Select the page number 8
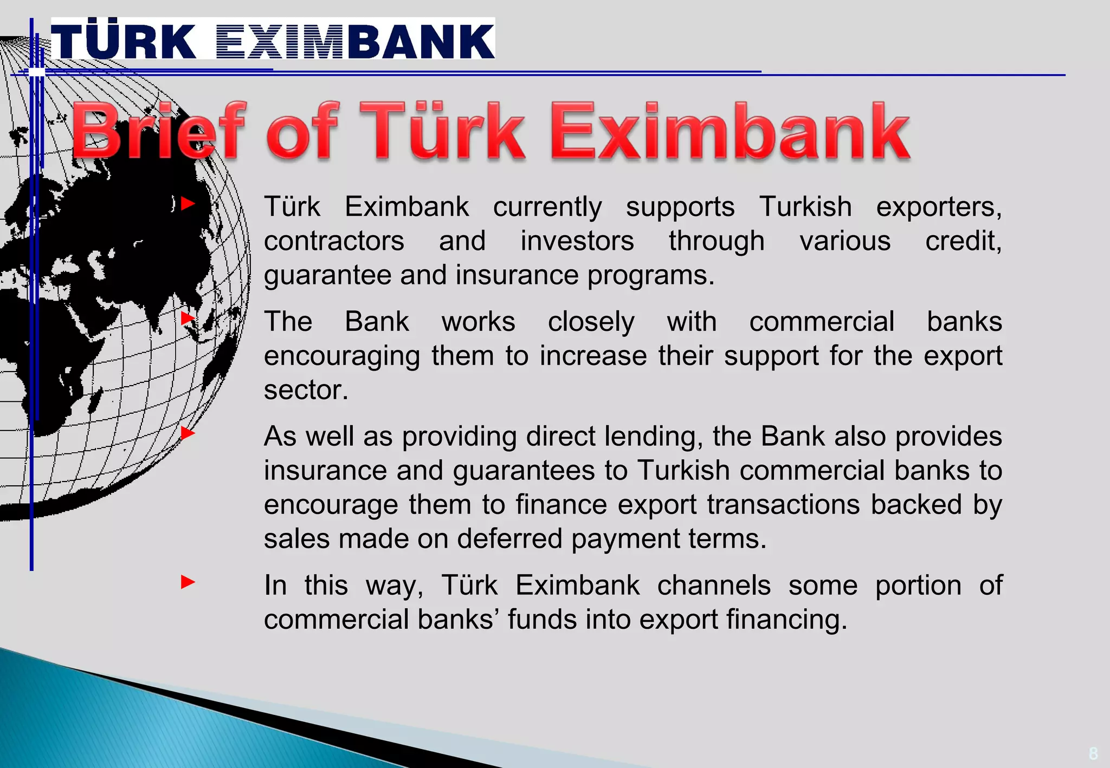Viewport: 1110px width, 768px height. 1093,753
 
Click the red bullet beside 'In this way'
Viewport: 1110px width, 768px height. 188,582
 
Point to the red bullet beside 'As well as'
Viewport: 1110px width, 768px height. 188,433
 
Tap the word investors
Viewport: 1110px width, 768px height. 577,242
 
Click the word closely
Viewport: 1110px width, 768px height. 591,322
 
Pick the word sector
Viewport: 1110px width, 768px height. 306,390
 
